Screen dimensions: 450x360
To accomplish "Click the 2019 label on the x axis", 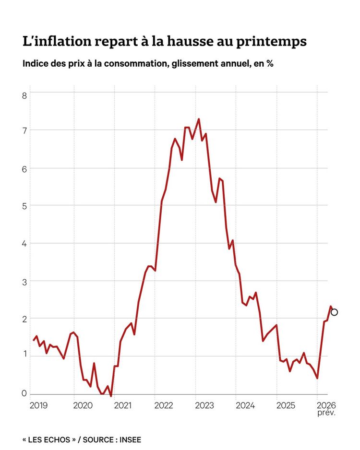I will coord(38,405).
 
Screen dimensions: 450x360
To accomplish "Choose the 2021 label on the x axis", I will coord(122,405).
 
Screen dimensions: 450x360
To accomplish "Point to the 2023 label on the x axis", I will coord(204,405).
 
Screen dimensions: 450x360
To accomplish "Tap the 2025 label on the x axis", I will coord(285,405).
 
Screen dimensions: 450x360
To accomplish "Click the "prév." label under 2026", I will coord(326,413).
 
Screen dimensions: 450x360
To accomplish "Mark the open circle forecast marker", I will coord(335,312).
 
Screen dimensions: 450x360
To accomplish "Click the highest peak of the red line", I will coord(199,119).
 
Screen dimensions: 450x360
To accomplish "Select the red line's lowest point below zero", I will coord(111,396).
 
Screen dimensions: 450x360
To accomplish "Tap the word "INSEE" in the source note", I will coord(130,439).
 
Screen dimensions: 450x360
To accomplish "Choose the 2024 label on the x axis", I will coord(244,405).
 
